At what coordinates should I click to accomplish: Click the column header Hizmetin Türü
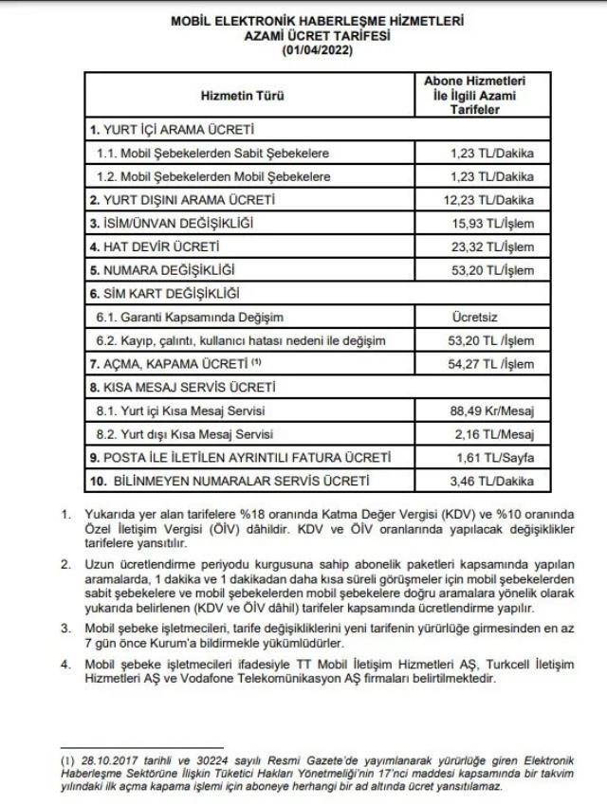point(242,96)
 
